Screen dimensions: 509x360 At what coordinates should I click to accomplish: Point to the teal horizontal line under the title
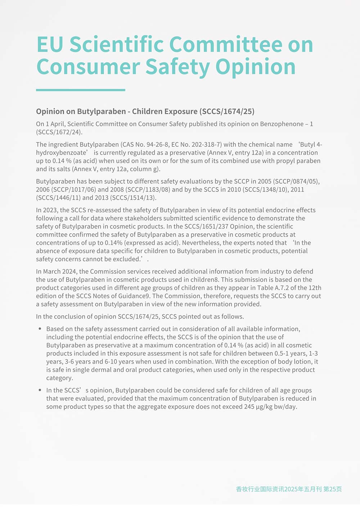pos(81,90)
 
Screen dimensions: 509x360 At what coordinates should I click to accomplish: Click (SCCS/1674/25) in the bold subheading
pos(227,112)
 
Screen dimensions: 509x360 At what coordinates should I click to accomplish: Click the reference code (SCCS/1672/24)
pos(59,132)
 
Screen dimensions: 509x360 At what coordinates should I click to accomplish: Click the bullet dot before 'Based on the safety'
pos(40,329)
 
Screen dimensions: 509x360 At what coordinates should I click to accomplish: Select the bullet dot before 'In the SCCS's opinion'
pos(40,391)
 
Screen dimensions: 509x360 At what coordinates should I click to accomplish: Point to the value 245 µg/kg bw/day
pos(270,407)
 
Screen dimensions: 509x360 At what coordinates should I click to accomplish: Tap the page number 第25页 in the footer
pos(333,489)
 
